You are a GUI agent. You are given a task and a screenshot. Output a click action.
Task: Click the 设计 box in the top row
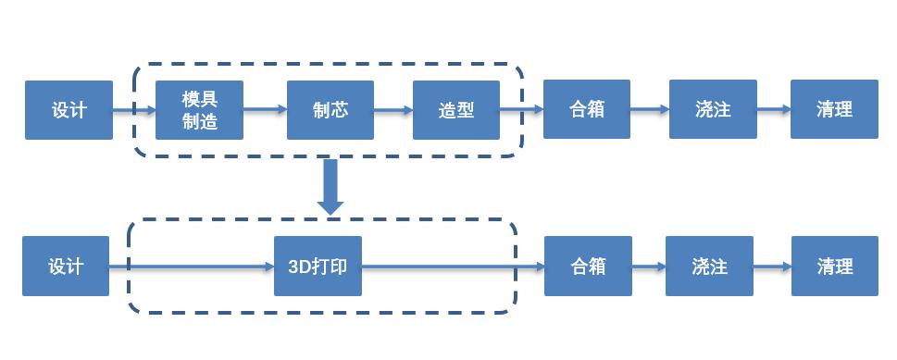tap(69, 110)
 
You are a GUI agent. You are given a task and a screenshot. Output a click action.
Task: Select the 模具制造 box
tap(200, 110)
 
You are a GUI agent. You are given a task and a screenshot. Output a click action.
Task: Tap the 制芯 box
tap(330, 110)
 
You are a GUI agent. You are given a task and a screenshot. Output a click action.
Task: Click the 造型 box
tap(456, 110)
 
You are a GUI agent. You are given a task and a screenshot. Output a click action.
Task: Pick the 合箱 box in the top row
tap(587, 109)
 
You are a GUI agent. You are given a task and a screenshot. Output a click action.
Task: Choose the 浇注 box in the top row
tap(712, 109)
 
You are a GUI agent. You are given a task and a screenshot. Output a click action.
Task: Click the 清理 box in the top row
tap(834, 109)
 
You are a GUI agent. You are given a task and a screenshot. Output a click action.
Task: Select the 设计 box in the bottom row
tap(66, 267)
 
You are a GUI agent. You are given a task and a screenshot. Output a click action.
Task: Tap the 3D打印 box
tap(318, 267)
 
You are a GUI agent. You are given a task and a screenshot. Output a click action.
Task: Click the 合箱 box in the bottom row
tap(588, 267)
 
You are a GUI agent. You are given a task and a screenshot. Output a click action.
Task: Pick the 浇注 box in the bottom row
tap(709, 267)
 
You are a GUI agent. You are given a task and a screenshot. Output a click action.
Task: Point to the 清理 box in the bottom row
tap(834, 267)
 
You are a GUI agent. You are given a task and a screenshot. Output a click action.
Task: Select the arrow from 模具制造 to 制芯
tap(266, 109)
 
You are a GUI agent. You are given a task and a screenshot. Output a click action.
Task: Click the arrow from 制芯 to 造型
tap(392, 109)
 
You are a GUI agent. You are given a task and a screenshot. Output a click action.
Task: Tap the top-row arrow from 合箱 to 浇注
tap(649, 109)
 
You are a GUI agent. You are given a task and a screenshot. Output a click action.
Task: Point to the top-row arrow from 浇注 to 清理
tap(773, 109)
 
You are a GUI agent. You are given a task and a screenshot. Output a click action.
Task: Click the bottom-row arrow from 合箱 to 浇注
tap(648, 267)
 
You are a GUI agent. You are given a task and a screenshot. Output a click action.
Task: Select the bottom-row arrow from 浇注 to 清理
tap(772, 267)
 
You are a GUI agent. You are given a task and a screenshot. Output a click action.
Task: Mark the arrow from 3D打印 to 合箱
tap(452, 267)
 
